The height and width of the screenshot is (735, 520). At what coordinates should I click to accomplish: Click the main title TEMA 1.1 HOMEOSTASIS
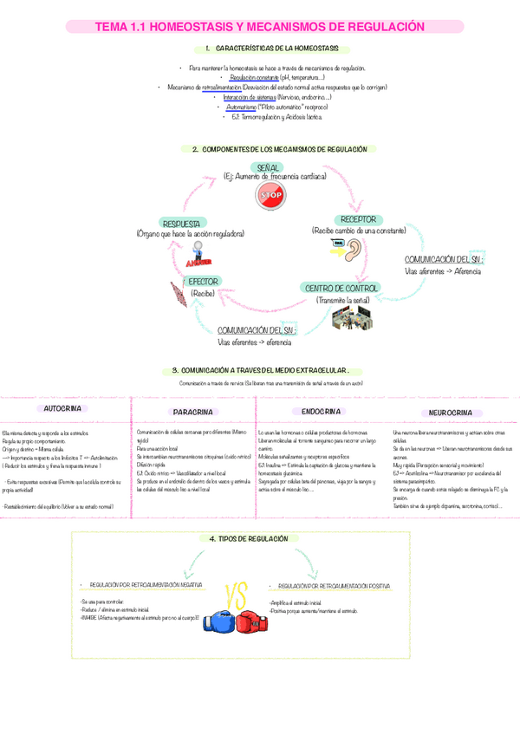[260, 27]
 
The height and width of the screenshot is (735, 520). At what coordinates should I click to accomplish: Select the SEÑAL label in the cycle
[269, 166]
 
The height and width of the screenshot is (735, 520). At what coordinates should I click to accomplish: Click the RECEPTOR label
[359, 220]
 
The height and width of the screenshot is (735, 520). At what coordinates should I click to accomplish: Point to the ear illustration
[355, 250]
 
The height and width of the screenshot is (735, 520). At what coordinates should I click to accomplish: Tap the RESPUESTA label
[184, 223]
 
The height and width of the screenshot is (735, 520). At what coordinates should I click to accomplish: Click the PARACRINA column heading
[194, 412]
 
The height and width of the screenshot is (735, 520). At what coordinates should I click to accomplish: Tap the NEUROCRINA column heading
[450, 413]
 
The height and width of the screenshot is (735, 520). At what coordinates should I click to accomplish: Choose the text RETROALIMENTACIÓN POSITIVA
[332, 586]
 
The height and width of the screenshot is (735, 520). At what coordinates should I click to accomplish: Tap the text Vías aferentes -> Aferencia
[443, 271]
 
